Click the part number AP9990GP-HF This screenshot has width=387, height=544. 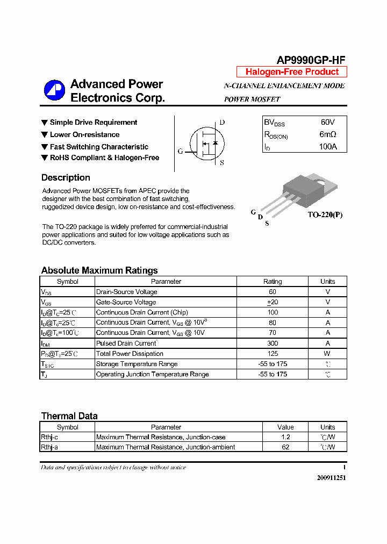[x=311, y=60]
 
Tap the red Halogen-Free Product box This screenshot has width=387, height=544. [x=292, y=72]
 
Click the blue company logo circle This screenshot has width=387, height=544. [x=54, y=90]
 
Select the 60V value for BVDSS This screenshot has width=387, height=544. [x=327, y=123]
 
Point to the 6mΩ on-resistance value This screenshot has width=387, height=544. [x=327, y=134]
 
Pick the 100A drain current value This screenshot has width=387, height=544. [x=327, y=146]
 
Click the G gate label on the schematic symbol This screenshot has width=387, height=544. [x=180, y=152]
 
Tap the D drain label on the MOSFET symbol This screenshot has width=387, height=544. [x=222, y=123]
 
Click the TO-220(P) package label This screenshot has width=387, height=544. [x=325, y=215]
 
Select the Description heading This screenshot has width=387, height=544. [x=66, y=178]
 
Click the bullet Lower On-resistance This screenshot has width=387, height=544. [x=84, y=135]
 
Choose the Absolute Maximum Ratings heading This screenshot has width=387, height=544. [x=99, y=270]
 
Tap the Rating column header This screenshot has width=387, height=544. [x=273, y=282]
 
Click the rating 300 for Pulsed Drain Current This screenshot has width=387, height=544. [x=273, y=343]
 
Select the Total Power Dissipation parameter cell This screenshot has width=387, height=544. [x=130, y=354]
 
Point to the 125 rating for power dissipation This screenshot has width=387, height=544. [x=273, y=354]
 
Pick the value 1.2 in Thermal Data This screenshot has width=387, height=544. [x=285, y=438]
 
